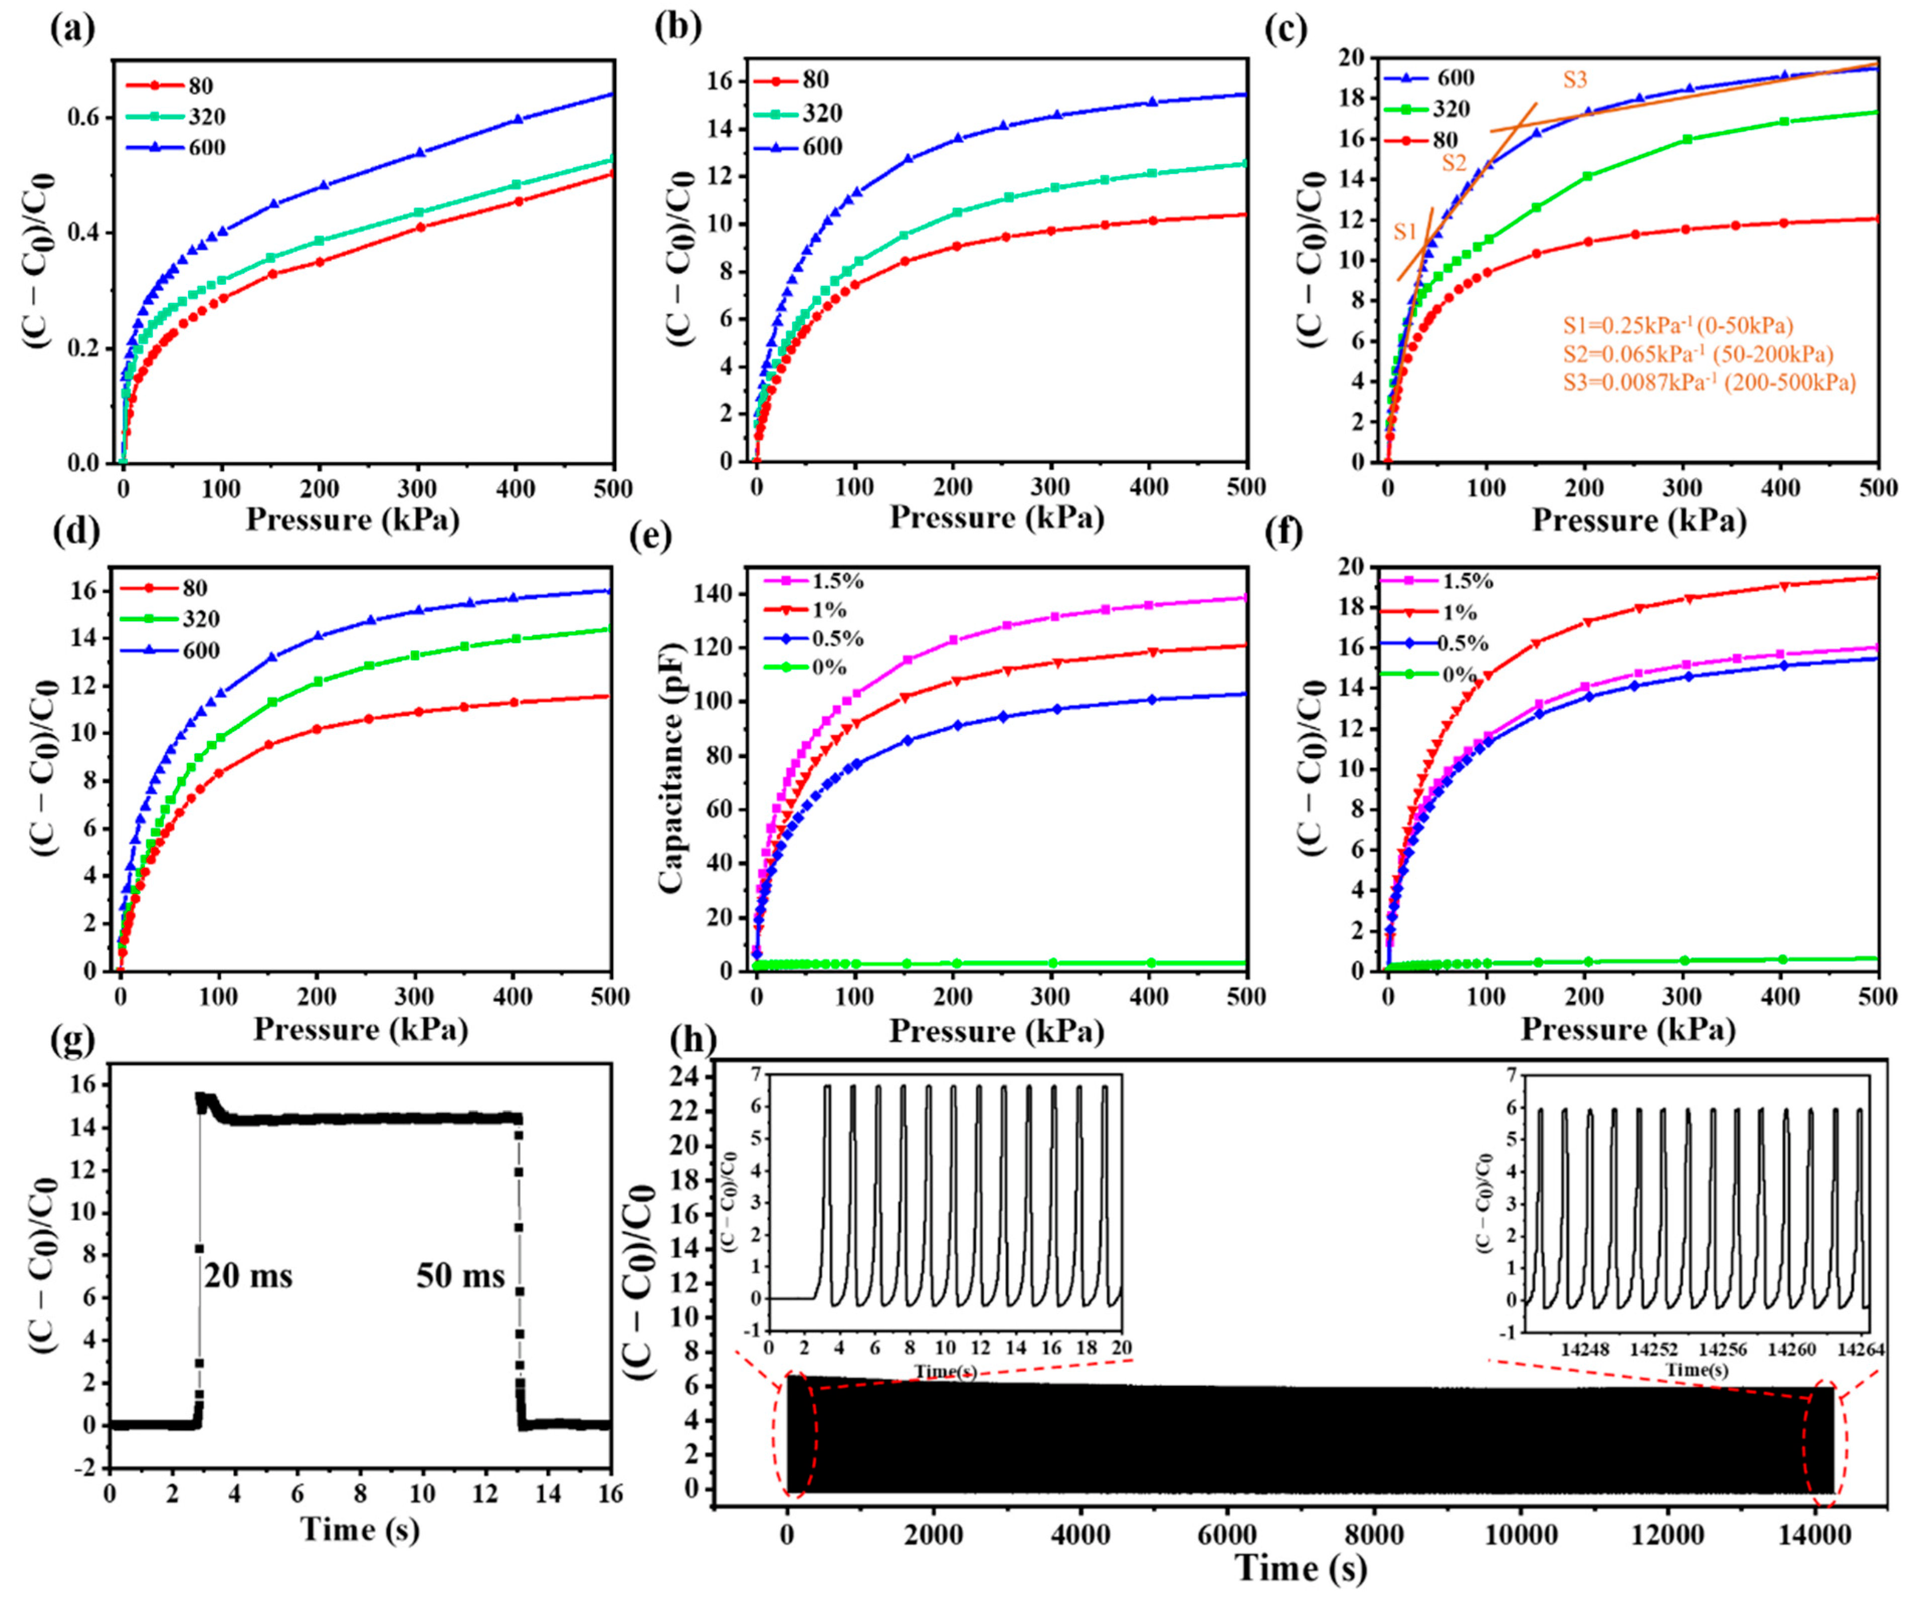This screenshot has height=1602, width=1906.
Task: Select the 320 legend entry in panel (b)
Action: tap(821, 114)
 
